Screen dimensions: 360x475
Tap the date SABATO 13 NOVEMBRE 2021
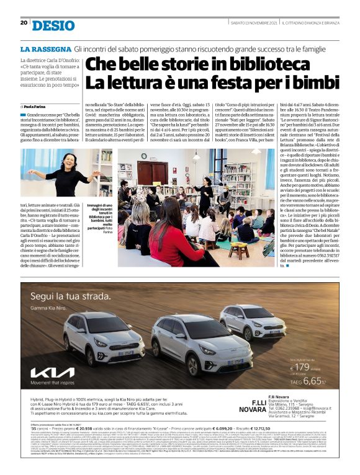tap(248, 23)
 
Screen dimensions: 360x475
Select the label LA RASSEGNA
tap(45, 48)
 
